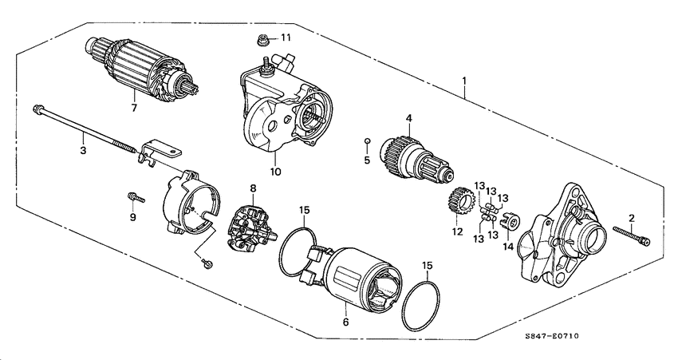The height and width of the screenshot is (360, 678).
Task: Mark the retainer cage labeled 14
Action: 511,220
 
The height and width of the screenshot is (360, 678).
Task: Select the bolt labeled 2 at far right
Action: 633,235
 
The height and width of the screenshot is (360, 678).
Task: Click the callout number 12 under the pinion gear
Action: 457,232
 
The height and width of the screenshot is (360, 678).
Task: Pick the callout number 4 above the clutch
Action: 408,119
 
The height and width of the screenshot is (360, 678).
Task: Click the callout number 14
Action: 508,247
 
